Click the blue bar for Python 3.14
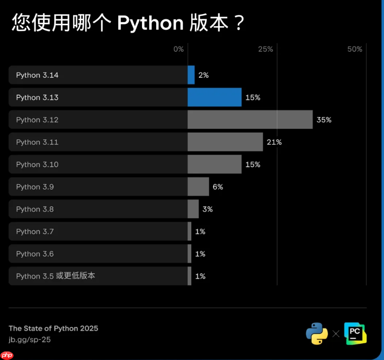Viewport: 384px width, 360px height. pos(191,75)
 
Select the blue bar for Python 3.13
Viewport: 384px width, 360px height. pos(214,97)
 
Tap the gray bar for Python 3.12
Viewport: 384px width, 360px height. pos(250,120)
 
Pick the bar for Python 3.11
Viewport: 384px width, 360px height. pos(225,142)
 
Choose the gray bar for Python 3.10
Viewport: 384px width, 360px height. pos(214,164)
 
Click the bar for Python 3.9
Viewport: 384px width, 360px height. pos(198,187)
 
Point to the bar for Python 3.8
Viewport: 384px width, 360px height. pos(193,209)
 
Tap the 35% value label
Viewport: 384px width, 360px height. pos(324,120)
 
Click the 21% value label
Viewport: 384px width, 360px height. pos(274,142)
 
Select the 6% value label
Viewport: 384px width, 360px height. pos(218,187)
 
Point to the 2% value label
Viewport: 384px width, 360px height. pos(203,75)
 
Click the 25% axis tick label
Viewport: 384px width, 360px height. pos(265,49)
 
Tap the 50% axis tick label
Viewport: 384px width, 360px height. pos(355,49)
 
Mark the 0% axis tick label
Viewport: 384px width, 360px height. pos(179,49)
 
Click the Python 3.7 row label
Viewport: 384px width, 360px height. pos(35,231)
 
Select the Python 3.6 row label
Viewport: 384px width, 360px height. pos(35,254)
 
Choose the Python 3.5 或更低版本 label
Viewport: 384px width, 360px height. pos(56,276)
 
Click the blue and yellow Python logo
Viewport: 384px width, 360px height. pos(317,333)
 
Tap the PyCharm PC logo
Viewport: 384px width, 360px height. pos(355,333)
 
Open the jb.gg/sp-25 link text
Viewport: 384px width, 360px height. pos(30,340)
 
